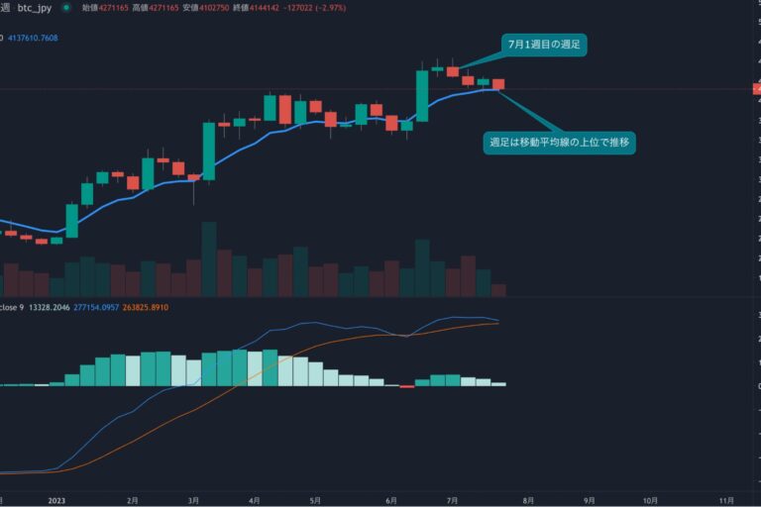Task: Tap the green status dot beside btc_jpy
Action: point(66,7)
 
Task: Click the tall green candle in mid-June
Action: point(422,95)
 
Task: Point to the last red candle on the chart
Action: point(498,84)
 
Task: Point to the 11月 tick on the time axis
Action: point(725,501)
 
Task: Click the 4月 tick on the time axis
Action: point(255,501)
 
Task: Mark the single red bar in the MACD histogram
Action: point(406,386)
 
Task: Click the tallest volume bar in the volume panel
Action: point(209,258)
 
